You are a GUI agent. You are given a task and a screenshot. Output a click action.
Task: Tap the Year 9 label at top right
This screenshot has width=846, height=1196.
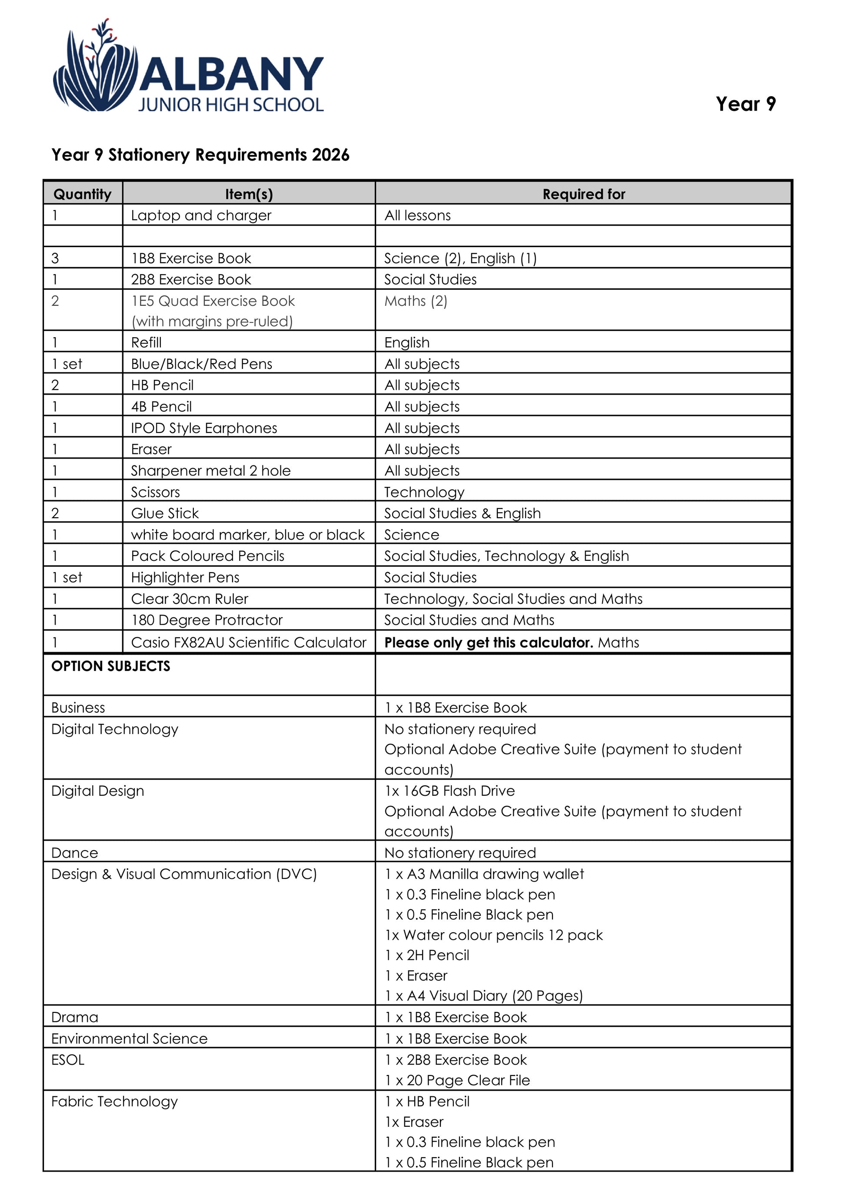pyautogui.click(x=746, y=104)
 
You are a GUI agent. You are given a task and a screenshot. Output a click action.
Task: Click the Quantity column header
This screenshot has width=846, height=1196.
pyautogui.click(x=82, y=194)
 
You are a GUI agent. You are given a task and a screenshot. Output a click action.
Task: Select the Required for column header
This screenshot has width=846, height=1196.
pyautogui.click(x=583, y=194)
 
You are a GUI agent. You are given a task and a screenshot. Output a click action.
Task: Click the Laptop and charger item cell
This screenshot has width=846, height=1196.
pyautogui.click(x=201, y=215)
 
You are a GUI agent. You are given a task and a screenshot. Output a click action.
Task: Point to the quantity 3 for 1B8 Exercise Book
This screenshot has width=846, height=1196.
pyautogui.click(x=55, y=258)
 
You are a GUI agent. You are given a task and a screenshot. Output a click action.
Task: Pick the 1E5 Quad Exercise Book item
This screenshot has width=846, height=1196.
pyautogui.click(x=213, y=301)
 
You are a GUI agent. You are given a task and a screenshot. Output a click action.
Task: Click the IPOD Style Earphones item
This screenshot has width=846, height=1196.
pyautogui.click(x=204, y=428)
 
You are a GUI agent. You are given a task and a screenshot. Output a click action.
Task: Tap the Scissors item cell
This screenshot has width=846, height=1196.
pyautogui.click(x=155, y=492)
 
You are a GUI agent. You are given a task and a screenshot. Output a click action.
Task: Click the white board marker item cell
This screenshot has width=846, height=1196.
pyautogui.click(x=247, y=535)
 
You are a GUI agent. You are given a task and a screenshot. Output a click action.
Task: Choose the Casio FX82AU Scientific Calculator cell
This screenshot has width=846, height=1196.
pyautogui.click(x=249, y=642)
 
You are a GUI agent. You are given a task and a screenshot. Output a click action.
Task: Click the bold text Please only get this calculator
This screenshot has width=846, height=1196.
pyautogui.click(x=489, y=642)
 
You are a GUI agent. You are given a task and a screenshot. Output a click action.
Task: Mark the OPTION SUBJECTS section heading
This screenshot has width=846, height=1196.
pyautogui.click(x=110, y=666)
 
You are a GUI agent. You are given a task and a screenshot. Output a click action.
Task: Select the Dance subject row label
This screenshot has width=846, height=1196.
pyautogui.click(x=74, y=853)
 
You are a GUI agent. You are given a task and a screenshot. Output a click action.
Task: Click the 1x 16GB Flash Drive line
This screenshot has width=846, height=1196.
pyautogui.click(x=450, y=791)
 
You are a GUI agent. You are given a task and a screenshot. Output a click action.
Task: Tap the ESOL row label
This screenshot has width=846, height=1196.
pyautogui.click(x=68, y=1060)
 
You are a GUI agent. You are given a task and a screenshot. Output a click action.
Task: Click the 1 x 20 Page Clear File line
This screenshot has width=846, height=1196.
pyautogui.click(x=457, y=1080)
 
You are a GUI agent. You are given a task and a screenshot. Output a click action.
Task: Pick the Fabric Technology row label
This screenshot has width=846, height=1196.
pyautogui.click(x=114, y=1102)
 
